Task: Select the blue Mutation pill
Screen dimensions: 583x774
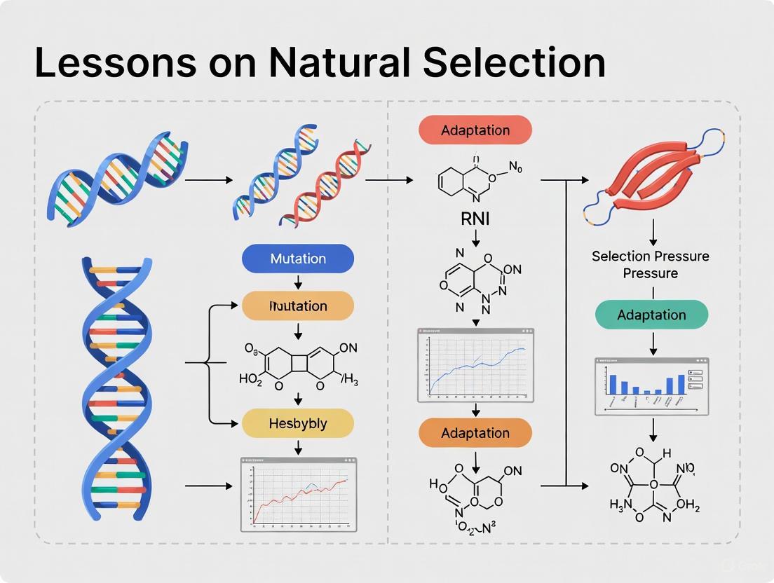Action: click(x=298, y=259)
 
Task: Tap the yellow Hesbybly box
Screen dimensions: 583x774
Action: click(x=298, y=424)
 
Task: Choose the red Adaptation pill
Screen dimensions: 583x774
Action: click(x=475, y=130)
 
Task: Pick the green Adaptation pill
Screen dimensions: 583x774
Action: click(x=651, y=315)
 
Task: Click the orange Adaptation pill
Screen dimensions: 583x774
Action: click(x=475, y=433)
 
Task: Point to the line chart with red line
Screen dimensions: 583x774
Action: click(x=299, y=494)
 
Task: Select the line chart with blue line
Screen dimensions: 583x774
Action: click(x=475, y=365)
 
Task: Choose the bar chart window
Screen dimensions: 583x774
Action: click(x=651, y=386)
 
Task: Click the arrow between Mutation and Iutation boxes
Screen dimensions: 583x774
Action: click(x=298, y=282)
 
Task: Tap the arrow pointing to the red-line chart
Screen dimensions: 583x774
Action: click(x=210, y=485)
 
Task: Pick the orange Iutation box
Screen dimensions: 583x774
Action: click(x=298, y=306)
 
